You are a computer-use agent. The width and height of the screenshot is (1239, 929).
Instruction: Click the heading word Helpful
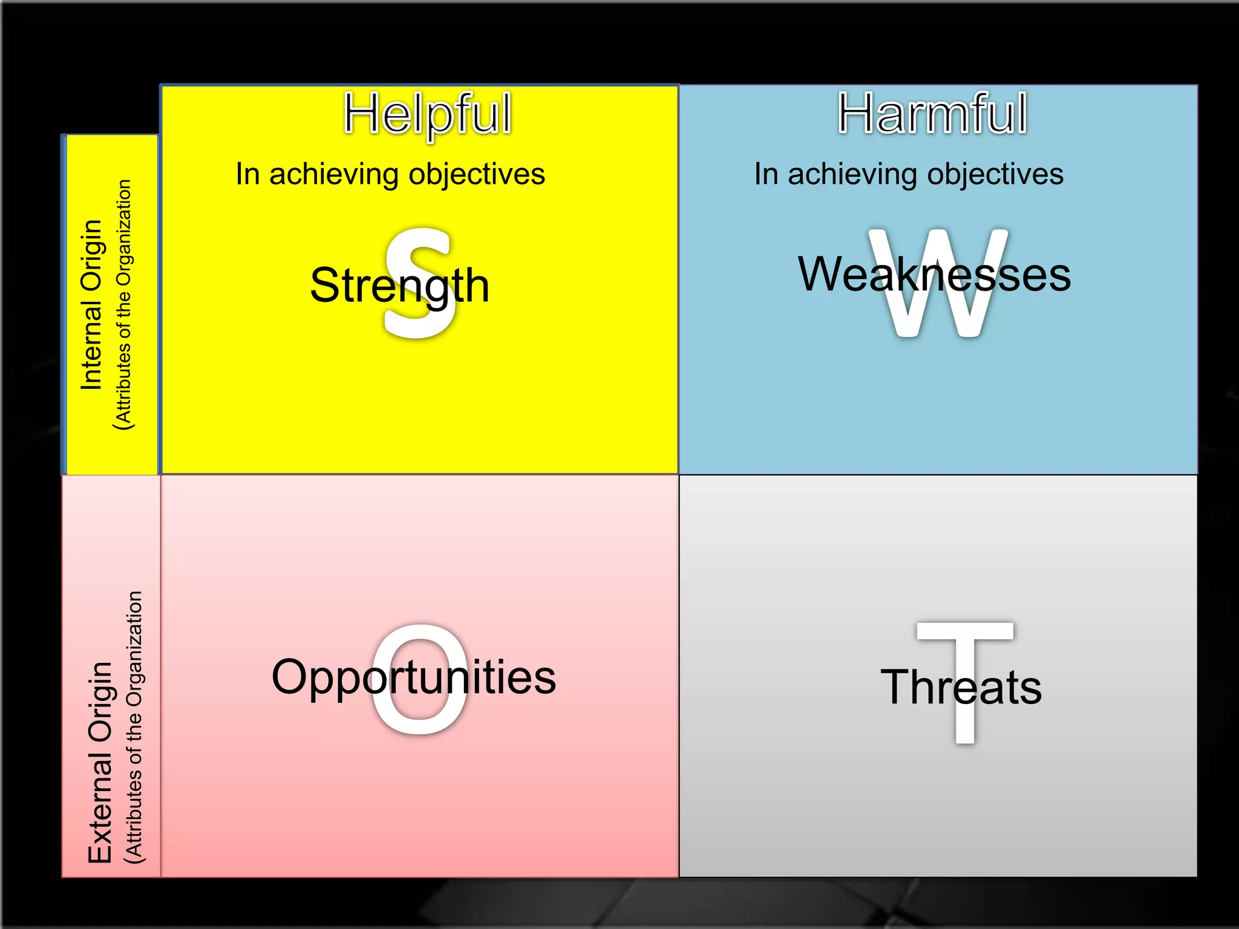[x=427, y=114]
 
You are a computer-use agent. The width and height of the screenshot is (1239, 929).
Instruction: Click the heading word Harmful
[x=932, y=114]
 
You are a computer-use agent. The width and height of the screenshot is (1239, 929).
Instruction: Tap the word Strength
[x=399, y=285]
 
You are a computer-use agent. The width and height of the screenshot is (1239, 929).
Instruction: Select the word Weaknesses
[x=934, y=275]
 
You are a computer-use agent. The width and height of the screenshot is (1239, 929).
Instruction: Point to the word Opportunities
[x=413, y=677]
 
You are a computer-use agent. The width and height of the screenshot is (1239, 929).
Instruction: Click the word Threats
[x=961, y=688]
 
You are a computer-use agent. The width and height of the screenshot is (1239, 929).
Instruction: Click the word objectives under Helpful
[x=477, y=175]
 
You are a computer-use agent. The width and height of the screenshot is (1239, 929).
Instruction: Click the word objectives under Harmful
[x=995, y=175]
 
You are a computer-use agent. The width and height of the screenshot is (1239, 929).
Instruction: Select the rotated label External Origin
[x=100, y=762]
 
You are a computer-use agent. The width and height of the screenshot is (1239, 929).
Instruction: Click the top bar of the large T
[x=965, y=631]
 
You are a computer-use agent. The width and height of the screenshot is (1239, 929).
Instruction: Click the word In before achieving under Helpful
[x=247, y=175]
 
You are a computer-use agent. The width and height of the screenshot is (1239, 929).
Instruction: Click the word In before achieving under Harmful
[x=765, y=175]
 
